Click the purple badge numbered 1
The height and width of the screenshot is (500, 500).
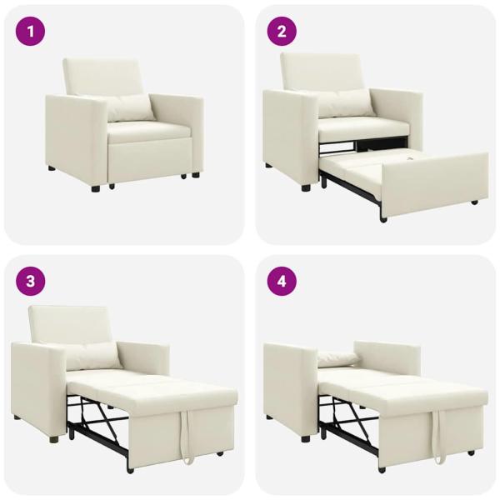point(31,32)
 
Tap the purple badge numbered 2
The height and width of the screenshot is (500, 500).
point(282,32)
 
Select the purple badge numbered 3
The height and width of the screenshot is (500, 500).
point(31,281)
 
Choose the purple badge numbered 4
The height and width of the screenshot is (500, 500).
point(282,281)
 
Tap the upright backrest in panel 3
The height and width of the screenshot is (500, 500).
point(71,325)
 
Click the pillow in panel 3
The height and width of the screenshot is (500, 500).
point(93,357)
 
